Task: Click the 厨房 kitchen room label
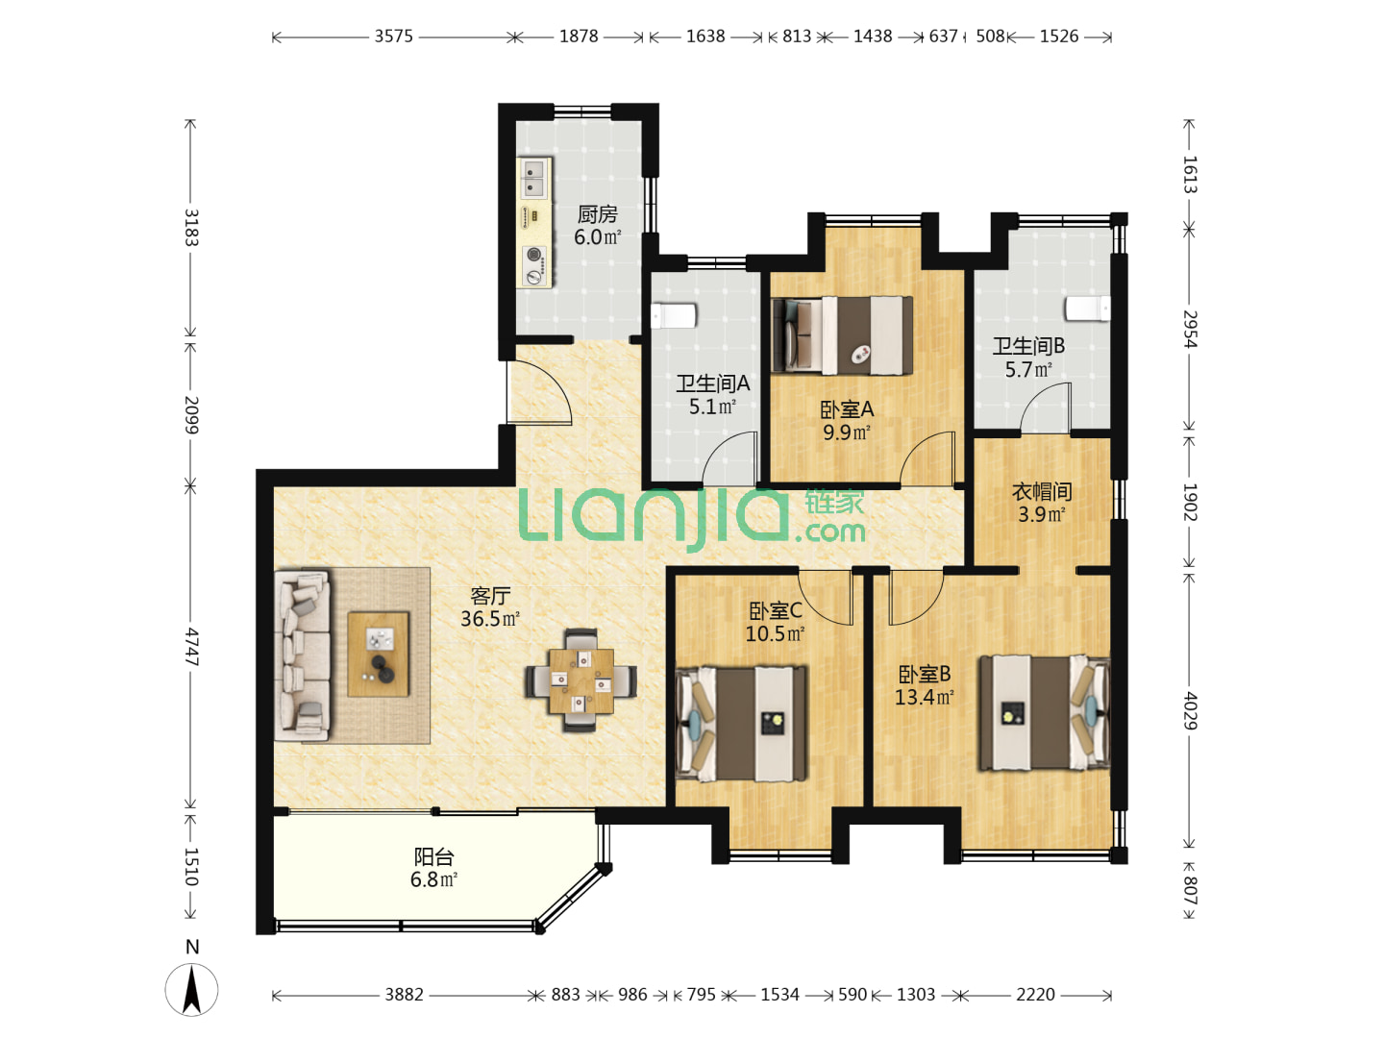coord(597,215)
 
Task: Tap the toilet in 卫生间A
coord(673,316)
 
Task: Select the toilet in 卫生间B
coord(1088,309)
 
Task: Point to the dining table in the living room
coord(581,680)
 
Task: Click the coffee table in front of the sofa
coord(379,654)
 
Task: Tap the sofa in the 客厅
coord(302,655)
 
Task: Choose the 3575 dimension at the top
coord(393,37)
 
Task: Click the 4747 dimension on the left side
coord(191,647)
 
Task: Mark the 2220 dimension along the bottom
coord(1035,995)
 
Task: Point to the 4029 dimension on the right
coord(1190,710)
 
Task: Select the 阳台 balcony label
coord(433,856)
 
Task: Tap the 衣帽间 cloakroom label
coord(1042,491)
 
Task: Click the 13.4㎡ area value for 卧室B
coord(925,697)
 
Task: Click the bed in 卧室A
coord(843,335)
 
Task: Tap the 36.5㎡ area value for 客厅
coord(490,619)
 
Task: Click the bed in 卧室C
coord(741,723)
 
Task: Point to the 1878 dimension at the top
coord(579,37)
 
